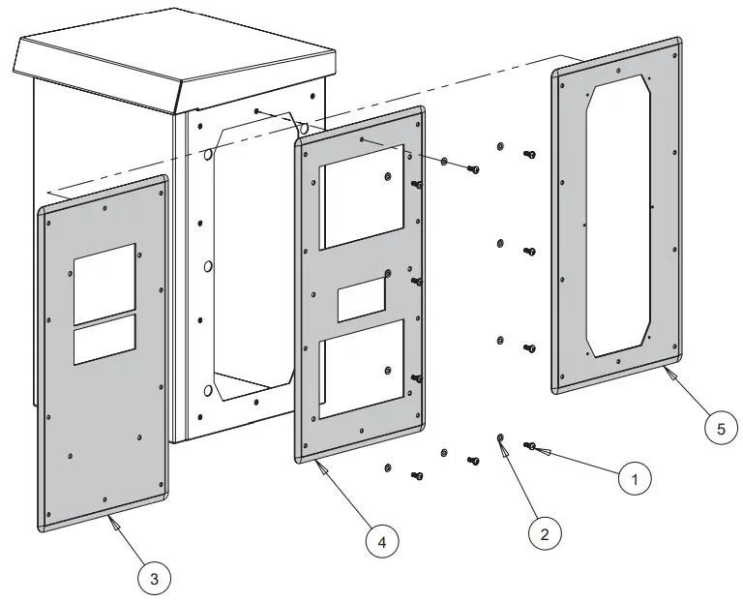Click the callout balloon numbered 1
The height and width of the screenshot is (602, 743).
(x=634, y=477)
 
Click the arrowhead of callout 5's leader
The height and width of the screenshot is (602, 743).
(x=667, y=371)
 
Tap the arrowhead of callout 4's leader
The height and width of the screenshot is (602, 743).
(x=318, y=467)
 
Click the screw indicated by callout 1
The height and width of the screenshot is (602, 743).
(x=531, y=446)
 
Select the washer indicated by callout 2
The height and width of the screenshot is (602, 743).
(x=500, y=440)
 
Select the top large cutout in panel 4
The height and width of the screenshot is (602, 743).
(x=363, y=202)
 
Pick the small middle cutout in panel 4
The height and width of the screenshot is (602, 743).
(x=361, y=301)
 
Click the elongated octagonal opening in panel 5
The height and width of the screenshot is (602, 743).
(x=620, y=218)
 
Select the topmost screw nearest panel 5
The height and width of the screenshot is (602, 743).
(x=529, y=155)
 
